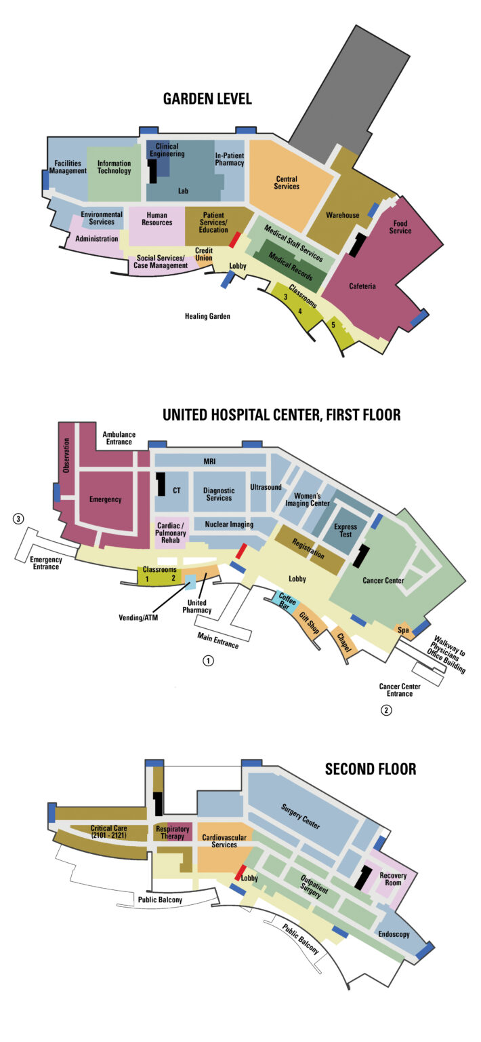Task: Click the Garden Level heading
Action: pos(207,99)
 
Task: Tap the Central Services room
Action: pos(287,182)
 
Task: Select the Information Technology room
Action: pos(114,167)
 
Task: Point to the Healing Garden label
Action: pos(208,316)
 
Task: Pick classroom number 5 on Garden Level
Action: pos(333,325)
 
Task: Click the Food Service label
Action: pos(400,227)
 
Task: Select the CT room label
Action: pos(176,490)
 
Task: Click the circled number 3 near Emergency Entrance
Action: pos(19,519)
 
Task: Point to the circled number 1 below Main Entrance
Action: pos(209,659)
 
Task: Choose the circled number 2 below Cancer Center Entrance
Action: pos(385,710)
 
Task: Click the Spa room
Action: pos(402,630)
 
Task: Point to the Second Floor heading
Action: pos(370,769)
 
